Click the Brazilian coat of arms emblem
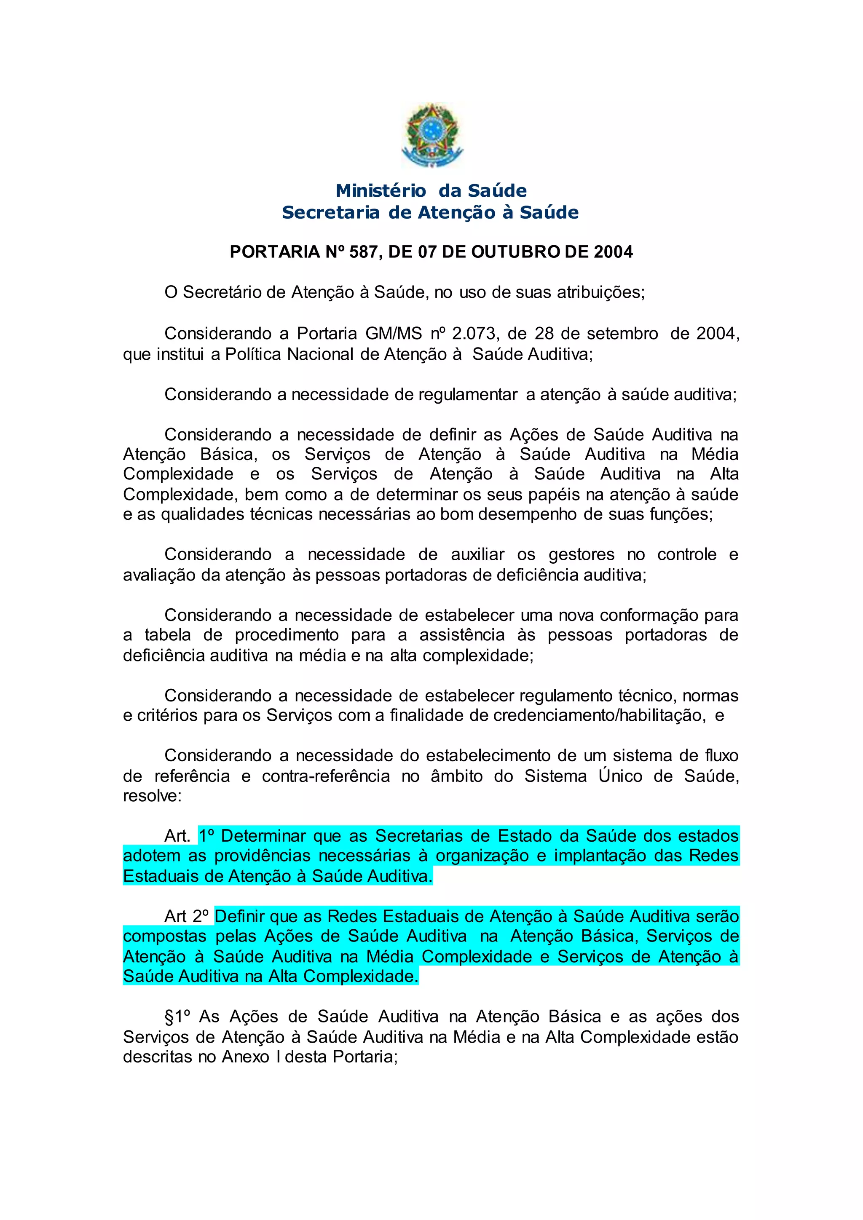(x=431, y=136)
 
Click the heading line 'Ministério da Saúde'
(x=431, y=190)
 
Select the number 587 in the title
(x=364, y=251)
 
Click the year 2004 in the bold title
(x=613, y=251)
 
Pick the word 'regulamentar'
(x=468, y=395)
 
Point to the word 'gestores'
(x=582, y=555)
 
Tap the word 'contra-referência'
(x=326, y=776)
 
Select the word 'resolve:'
(x=152, y=796)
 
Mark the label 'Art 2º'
(x=187, y=917)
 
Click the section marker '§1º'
(x=177, y=1017)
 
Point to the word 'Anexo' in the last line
(x=246, y=1057)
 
